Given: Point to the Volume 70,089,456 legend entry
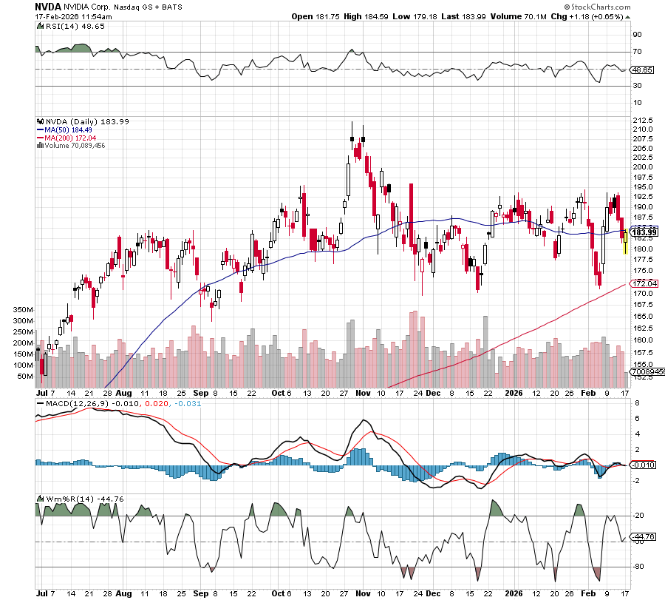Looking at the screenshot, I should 74,146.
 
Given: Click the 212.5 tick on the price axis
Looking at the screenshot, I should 644,121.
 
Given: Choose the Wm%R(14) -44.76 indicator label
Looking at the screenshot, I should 80,499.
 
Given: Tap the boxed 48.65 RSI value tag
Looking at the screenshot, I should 641,70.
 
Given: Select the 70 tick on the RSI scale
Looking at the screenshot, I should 636,52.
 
